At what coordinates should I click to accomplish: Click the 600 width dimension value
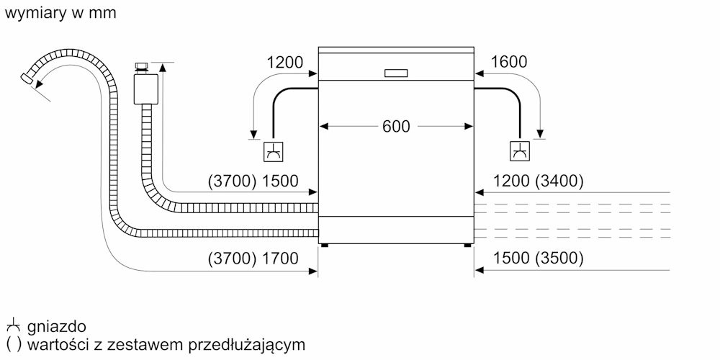click(396, 126)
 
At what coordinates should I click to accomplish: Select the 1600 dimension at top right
click(509, 61)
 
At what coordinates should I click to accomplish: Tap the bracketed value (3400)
click(559, 181)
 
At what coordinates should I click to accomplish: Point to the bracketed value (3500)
click(559, 258)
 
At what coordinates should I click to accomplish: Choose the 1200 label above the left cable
click(285, 62)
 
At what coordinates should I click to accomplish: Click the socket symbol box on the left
click(273, 151)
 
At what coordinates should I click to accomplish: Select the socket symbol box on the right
click(519, 151)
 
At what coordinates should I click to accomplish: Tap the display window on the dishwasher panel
click(396, 73)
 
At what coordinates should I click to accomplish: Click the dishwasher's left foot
click(325, 246)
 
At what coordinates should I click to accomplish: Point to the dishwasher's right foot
click(467, 246)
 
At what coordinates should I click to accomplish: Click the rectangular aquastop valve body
click(146, 89)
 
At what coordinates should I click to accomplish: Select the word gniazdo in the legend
click(56, 327)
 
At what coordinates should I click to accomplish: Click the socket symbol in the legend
click(13, 325)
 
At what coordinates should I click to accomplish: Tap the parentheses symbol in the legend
click(13, 344)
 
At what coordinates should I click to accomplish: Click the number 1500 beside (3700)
click(279, 181)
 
